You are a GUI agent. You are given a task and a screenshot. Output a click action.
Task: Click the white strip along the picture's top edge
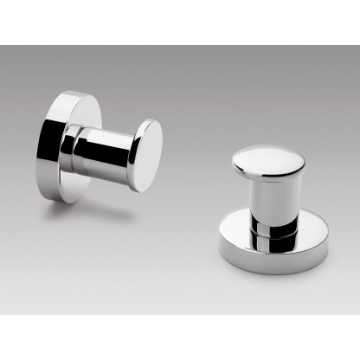point(180,22)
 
